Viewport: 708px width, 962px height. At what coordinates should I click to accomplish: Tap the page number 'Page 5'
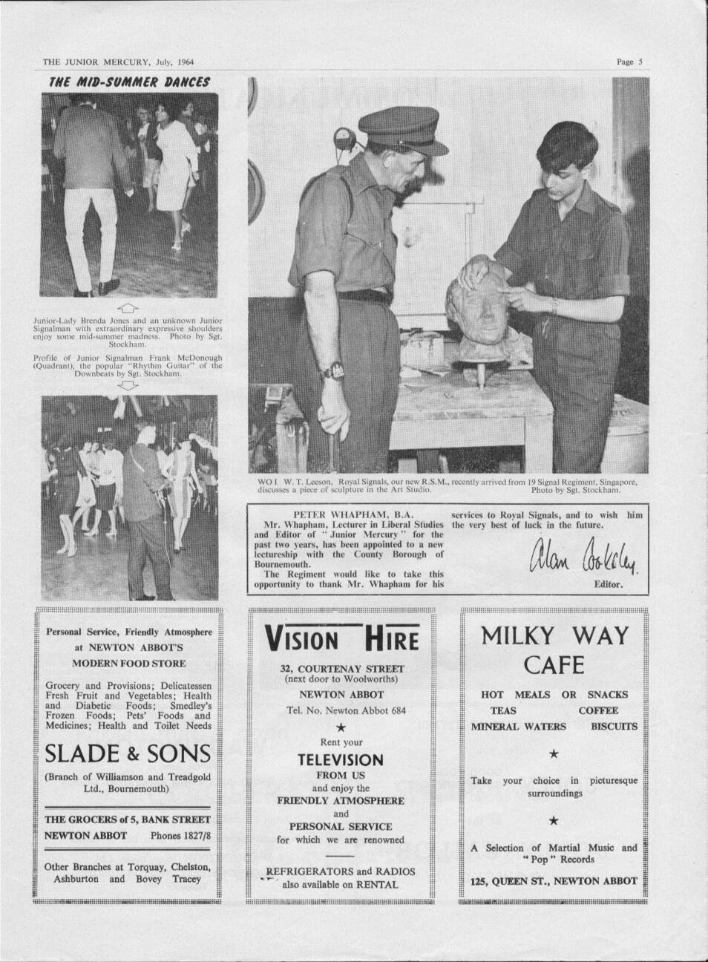point(629,62)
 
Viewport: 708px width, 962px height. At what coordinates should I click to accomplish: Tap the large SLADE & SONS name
point(128,754)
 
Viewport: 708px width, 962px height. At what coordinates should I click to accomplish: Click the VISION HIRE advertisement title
point(341,638)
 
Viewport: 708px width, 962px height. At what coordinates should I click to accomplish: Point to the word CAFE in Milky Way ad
point(554,664)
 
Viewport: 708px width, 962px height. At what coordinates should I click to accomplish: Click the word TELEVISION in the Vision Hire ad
point(341,759)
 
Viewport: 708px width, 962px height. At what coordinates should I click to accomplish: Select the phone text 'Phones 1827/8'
point(180,835)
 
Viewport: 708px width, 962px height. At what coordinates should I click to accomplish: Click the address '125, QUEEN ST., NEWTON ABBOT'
point(554,880)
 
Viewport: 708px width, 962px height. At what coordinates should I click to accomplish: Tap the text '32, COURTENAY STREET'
point(341,667)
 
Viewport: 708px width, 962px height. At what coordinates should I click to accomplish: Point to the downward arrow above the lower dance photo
point(128,386)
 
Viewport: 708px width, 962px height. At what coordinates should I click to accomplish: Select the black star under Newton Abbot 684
point(341,727)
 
